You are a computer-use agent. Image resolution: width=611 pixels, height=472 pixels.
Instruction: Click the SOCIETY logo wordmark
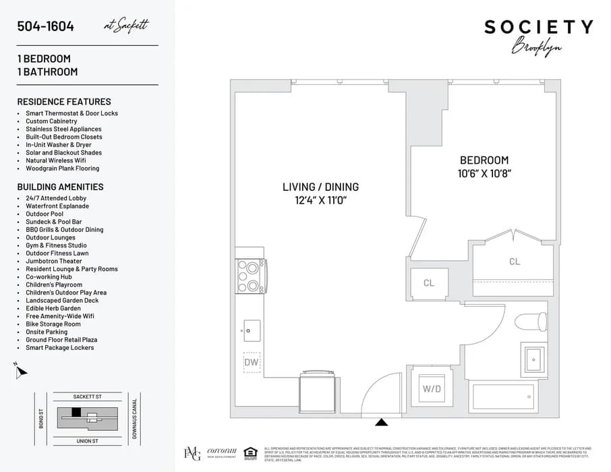538,28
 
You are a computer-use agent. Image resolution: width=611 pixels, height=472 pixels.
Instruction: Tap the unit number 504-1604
46,27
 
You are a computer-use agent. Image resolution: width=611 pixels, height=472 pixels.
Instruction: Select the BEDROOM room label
484,160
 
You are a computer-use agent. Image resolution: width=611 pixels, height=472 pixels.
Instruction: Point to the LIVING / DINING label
320,187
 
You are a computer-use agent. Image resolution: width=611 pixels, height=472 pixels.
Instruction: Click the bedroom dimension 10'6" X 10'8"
484,174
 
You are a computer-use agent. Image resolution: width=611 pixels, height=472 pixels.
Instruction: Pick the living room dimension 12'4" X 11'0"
320,200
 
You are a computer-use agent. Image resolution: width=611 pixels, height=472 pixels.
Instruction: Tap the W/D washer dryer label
431,389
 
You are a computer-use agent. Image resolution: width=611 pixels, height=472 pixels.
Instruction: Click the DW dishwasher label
252,362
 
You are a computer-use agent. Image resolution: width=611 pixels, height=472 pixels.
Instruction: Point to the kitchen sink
252,330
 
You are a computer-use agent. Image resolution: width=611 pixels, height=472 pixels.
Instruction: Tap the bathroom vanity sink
533,359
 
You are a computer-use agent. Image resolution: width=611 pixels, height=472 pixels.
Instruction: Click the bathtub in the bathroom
504,398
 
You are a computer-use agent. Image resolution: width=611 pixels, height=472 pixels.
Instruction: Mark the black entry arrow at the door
382,423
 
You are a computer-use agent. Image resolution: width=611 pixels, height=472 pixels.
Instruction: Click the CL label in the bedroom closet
515,262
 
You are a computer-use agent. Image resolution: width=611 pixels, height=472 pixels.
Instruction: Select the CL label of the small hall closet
429,283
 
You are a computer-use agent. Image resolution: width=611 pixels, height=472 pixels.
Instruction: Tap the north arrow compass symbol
22,370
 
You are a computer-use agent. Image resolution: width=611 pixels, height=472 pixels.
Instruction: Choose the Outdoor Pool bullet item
45,214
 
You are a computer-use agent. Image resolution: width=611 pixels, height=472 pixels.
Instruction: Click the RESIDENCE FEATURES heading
64,102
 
